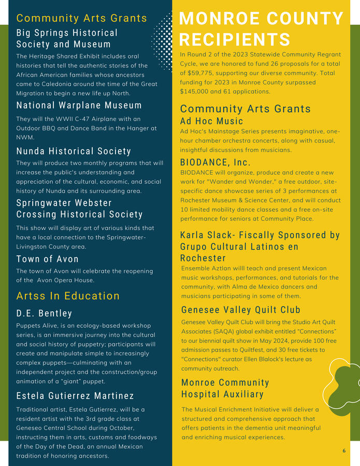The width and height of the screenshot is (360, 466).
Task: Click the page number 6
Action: click(344, 450)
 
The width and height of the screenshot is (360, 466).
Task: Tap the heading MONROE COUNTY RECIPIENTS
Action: click(261, 29)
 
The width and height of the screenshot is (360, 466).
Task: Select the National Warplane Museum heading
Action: click(79, 106)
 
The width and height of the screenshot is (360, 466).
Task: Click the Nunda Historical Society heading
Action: click(74, 151)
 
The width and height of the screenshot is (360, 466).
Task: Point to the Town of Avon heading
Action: click(48, 259)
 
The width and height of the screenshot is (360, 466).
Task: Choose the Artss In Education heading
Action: click(68, 296)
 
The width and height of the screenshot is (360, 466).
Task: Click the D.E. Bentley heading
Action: click(44, 313)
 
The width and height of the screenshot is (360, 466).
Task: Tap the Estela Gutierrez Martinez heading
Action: click(75, 396)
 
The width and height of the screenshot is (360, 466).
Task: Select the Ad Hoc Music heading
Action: click(211, 121)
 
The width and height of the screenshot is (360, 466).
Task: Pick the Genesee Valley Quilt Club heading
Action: click(241, 310)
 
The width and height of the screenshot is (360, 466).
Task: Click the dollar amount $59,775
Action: click(198, 73)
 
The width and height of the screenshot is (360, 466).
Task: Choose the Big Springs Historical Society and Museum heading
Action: click(67, 38)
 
